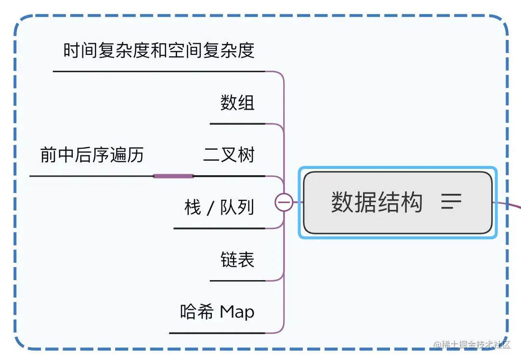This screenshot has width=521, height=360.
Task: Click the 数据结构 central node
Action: click(377, 202)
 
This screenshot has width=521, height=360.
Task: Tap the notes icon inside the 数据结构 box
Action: click(451, 202)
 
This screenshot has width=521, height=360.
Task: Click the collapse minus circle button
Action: click(284, 202)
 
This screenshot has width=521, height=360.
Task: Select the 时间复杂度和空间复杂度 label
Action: click(159, 51)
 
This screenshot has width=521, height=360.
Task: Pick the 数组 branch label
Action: click(237, 103)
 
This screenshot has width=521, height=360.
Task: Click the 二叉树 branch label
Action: click(229, 155)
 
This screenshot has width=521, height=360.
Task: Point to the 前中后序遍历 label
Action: click(92, 155)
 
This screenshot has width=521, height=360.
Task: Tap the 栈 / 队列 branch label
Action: click(219, 208)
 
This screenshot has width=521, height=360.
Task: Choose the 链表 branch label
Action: click(237, 260)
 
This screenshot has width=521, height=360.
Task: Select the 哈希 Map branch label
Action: click(217, 312)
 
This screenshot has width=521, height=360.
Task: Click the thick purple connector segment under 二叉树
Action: click(173, 176)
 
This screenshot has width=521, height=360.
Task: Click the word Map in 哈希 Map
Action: click(237, 312)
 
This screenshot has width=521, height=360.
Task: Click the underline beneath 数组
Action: click(237, 124)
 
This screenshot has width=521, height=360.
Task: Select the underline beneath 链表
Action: click(237, 281)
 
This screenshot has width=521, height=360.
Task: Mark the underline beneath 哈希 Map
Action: click(217, 333)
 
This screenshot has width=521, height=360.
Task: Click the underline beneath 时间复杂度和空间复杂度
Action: click(159, 71)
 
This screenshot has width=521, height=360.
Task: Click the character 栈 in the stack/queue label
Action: click(193, 208)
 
